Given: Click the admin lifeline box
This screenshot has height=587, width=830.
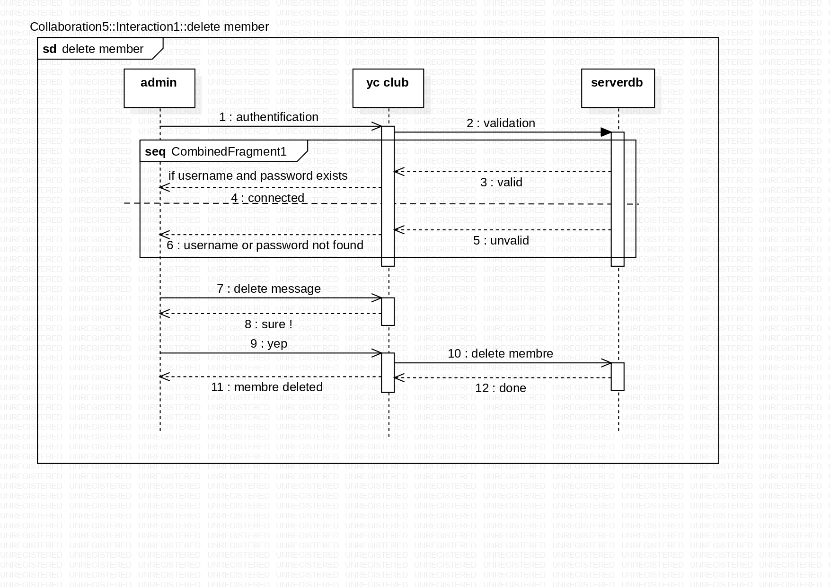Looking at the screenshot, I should pos(159,88).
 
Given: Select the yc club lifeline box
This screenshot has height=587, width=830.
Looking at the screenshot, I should pos(388,88).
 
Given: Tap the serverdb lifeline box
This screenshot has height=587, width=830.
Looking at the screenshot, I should pos(617,88).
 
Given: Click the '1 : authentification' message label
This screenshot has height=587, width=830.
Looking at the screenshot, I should pos(268,117).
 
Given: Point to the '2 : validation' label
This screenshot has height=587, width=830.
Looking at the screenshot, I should pos(501,123).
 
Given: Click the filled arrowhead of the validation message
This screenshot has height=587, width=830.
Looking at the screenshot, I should pos(606,132).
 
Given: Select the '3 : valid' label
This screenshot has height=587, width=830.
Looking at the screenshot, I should pos(501,183).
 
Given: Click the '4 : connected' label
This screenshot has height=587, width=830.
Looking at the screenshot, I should pos(268,198).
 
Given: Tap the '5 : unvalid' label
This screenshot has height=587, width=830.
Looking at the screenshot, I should pos(501,241).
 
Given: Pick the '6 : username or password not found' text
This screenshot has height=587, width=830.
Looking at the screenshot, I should pos(265,245).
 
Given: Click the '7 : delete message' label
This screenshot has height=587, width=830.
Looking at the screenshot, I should pos(268,289).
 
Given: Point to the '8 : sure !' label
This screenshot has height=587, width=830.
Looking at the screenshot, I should pos(268,324).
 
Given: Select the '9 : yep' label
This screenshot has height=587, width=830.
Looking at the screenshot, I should pos(268,344).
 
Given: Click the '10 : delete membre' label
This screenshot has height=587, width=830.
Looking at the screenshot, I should pos(500,354).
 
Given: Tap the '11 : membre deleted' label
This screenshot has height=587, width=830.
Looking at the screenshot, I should pos(267,387).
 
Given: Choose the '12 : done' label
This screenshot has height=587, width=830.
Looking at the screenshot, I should pos(500,388).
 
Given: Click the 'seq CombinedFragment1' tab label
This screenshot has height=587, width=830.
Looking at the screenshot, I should pos(216,152).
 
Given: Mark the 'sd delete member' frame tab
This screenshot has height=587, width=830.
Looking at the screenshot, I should pos(93,49).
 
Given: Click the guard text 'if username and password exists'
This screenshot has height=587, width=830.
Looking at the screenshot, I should pos(258,176).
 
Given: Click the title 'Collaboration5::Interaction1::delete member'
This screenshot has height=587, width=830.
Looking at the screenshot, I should pos(149,27).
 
